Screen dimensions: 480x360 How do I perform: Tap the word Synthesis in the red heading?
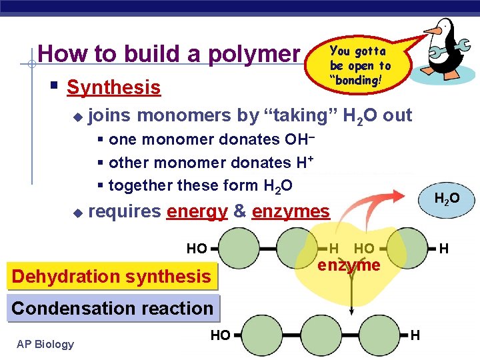point(114,87)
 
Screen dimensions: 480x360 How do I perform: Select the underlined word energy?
point(197,212)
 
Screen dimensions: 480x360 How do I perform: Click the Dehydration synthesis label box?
point(111,276)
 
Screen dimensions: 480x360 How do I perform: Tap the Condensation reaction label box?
point(112,308)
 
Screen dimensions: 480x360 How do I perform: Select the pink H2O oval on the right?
point(446,199)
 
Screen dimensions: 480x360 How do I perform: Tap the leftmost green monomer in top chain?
point(239,249)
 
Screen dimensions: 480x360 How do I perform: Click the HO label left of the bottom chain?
point(220,335)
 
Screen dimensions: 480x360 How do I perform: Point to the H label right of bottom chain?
point(415,335)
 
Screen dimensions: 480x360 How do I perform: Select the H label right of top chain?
point(443,249)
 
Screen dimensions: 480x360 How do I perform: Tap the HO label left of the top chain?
point(197,249)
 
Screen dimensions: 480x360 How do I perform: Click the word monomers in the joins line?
point(185,115)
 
